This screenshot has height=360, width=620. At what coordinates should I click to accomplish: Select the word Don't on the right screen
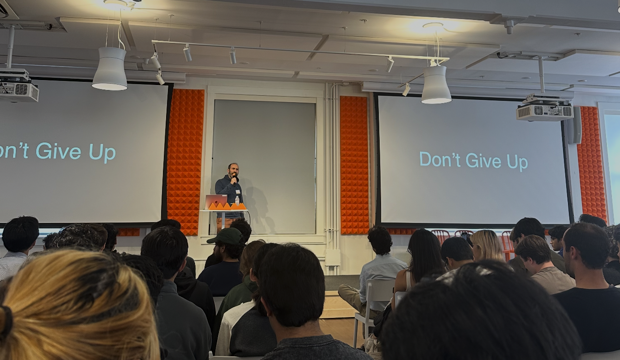[440, 160]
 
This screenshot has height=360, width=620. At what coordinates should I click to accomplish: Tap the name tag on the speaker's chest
[238, 191]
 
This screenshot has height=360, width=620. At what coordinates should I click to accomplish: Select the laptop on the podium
[216, 202]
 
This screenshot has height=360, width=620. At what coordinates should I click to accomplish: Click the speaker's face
[233, 171]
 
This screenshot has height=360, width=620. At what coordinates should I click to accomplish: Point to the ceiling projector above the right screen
[544, 110]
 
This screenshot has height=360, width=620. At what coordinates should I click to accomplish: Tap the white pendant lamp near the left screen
[110, 69]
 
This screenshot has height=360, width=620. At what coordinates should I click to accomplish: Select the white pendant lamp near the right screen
[436, 85]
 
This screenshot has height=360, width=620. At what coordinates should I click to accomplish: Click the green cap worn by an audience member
[227, 236]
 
